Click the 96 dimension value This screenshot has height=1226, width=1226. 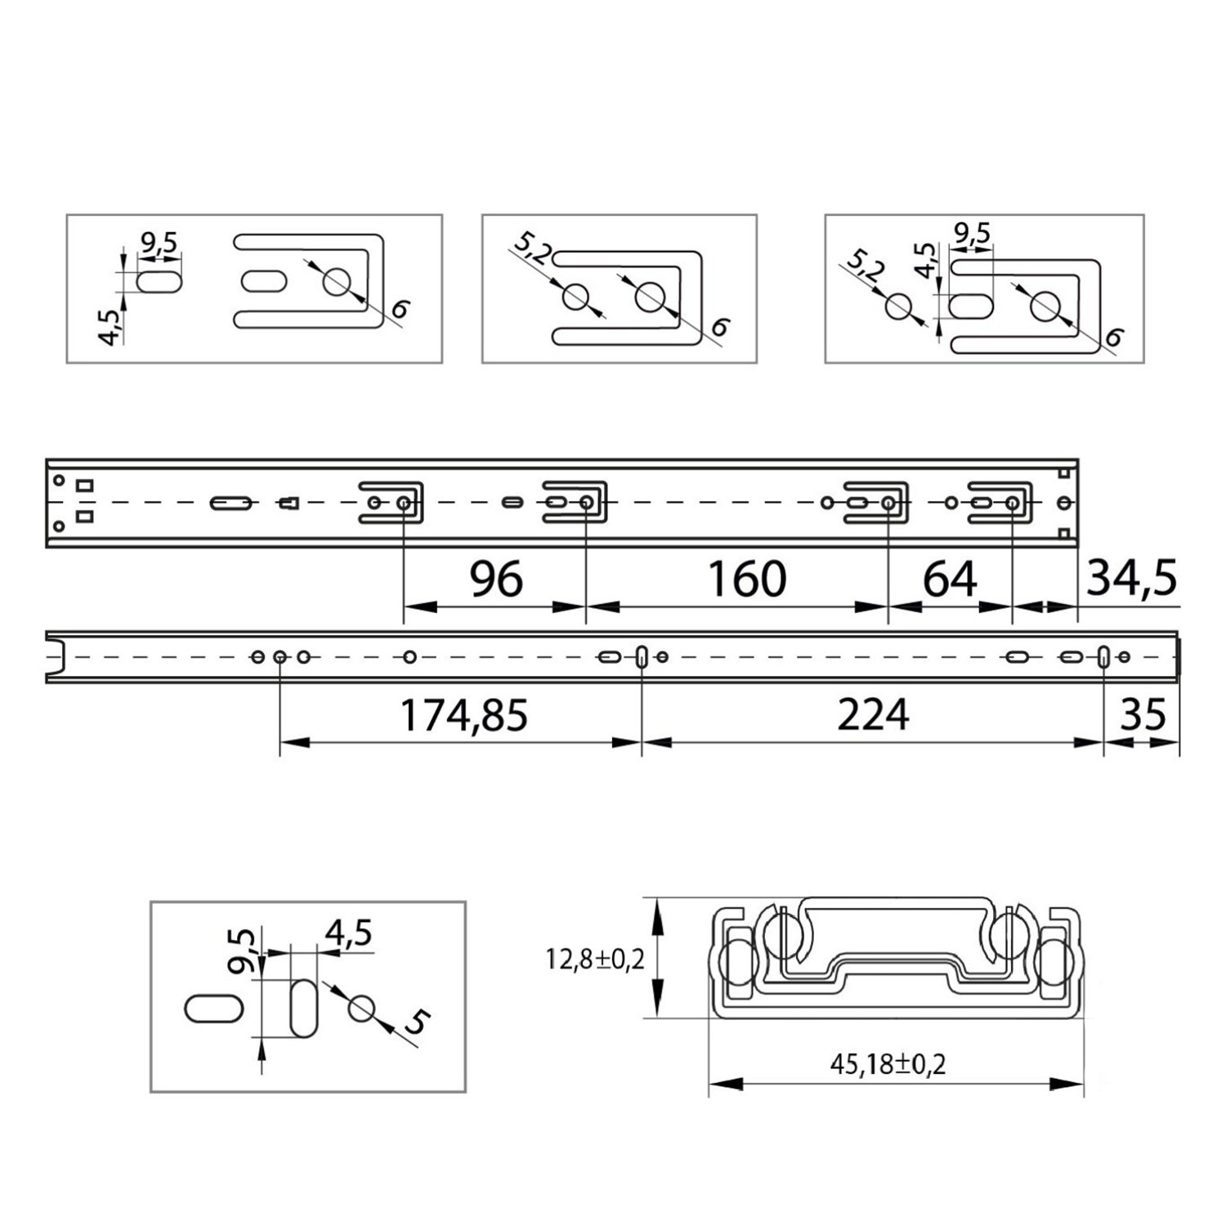click(496, 579)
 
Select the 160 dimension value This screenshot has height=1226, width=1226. click(747, 579)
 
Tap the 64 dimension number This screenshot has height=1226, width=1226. click(950, 579)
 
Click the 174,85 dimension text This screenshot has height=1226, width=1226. click(463, 714)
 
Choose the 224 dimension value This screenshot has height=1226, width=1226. click(873, 714)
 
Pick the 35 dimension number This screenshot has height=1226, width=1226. click(1143, 714)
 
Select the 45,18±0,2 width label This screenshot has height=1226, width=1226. click(888, 1064)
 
